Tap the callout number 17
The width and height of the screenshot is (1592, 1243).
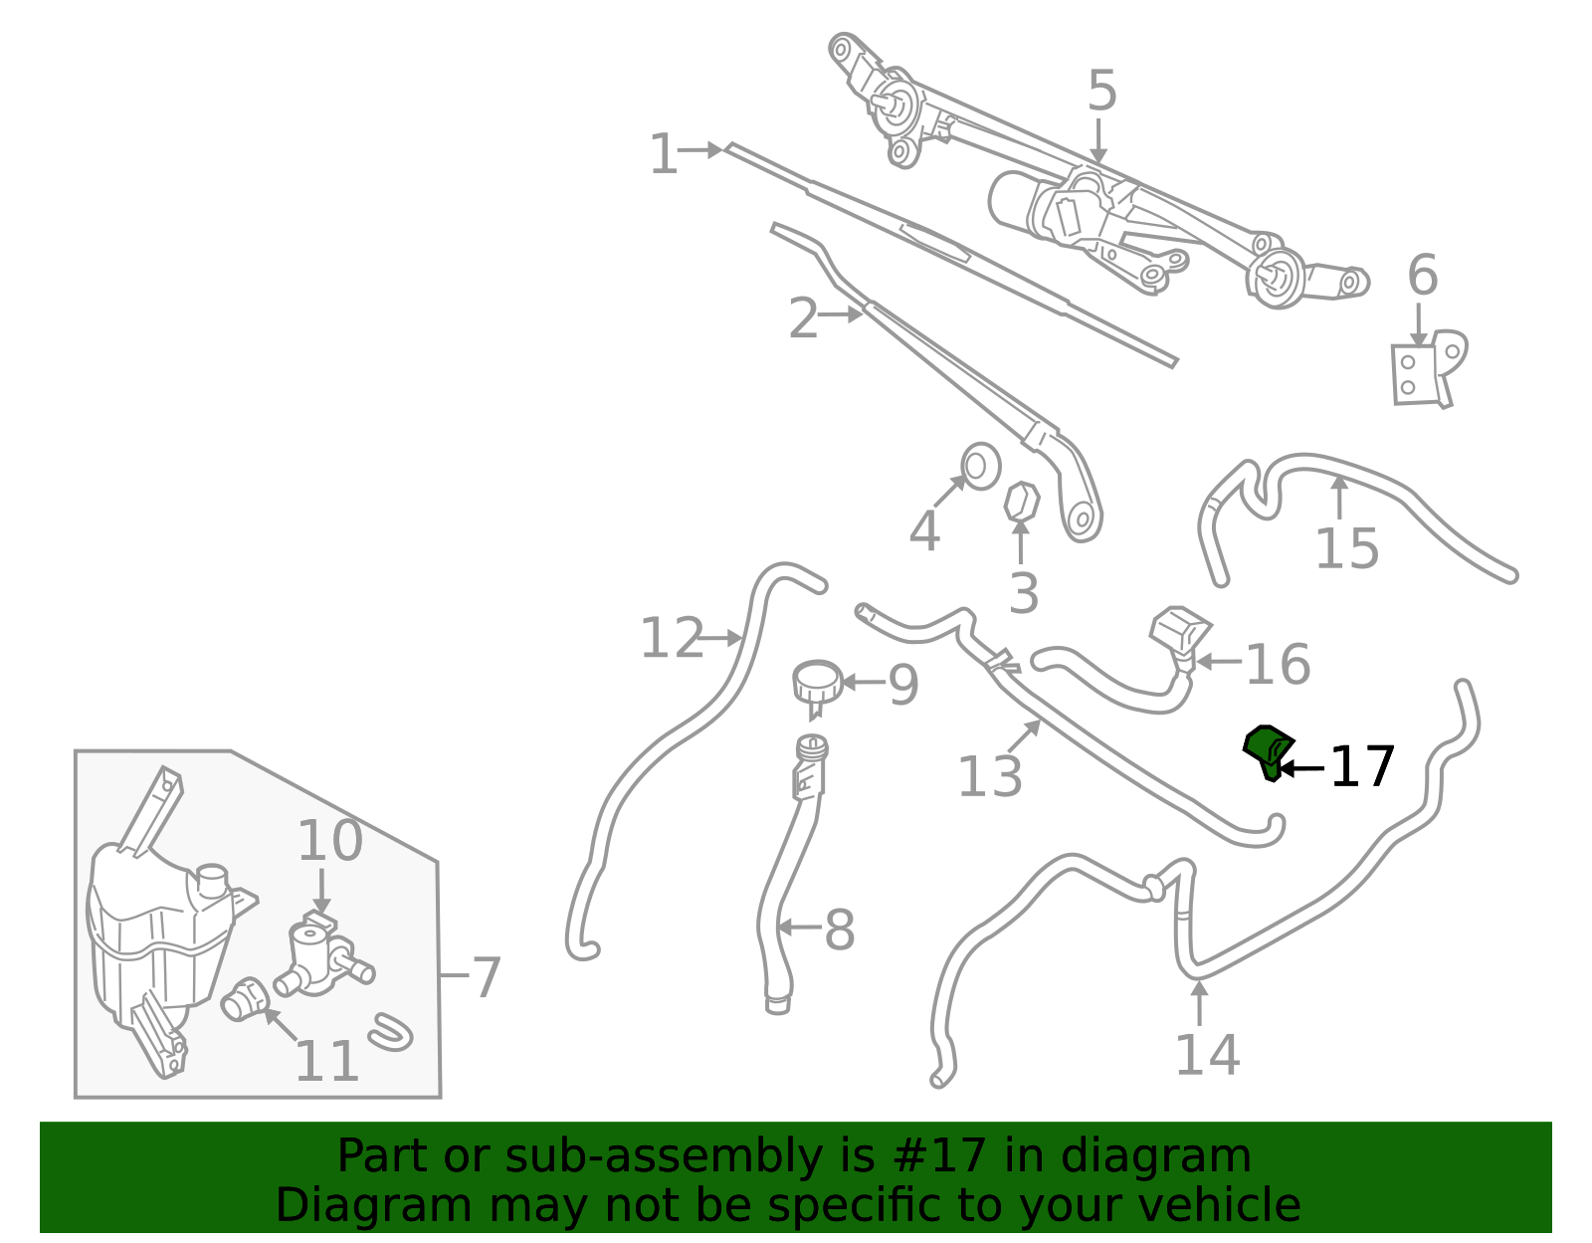(x=1362, y=767)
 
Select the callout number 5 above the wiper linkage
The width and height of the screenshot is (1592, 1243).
(x=1101, y=91)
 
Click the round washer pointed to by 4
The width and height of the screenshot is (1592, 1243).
(x=980, y=467)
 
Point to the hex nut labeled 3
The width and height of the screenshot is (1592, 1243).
(x=1021, y=502)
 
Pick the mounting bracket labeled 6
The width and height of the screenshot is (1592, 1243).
(x=1428, y=369)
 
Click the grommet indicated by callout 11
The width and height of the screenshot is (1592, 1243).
(x=246, y=999)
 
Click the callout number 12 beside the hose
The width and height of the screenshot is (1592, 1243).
(x=672, y=637)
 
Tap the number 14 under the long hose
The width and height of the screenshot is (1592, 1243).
(x=1207, y=1055)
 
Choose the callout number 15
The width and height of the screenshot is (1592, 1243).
(x=1347, y=548)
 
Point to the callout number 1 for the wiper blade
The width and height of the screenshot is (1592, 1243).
(x=664, y=154)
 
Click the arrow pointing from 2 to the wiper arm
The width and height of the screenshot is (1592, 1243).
(x=841, y=314)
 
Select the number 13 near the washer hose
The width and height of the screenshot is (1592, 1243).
(x=990, y=776)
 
